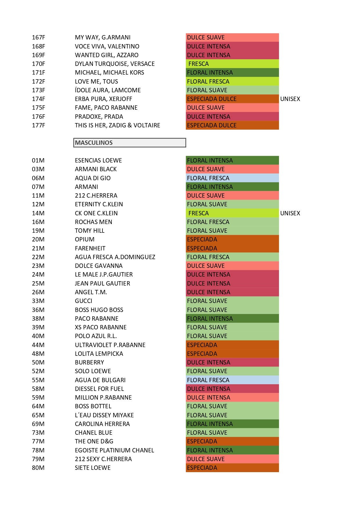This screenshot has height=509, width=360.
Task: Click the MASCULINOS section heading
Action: pos(94,143)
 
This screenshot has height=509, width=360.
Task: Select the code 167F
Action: pos(38,37)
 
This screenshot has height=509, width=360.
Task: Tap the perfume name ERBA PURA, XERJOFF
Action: pos(103,99)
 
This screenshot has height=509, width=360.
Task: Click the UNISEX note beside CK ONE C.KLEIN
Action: pos(290,213)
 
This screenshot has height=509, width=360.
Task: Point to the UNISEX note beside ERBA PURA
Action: pos(290,99)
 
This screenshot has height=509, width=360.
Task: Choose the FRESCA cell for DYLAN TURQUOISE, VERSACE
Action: pos(232,64)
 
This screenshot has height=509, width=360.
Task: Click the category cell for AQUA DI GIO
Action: pos(232,178)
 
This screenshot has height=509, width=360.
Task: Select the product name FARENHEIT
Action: pos(90,248)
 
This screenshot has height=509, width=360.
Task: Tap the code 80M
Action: pos(38,468)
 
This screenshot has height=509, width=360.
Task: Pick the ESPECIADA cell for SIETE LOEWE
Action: pos(232,468)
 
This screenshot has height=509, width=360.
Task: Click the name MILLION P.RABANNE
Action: pos(103,398)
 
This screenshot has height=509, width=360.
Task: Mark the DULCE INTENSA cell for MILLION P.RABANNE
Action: pos(232,398)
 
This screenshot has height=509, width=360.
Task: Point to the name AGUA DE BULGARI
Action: pos(100,380)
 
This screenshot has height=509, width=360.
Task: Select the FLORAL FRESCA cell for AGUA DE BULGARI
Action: pos(232,380)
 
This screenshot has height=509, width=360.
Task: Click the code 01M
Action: pos(38,160)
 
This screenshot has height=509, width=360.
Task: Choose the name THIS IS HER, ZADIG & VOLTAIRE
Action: pos(117,125)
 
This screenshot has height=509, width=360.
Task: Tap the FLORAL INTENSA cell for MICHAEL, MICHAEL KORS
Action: pos(232,73)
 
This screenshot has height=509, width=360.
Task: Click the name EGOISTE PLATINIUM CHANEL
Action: pos(114,450)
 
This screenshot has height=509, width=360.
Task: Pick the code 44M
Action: pos(38,345)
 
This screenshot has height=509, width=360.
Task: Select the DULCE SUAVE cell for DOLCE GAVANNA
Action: pos(232,266)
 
